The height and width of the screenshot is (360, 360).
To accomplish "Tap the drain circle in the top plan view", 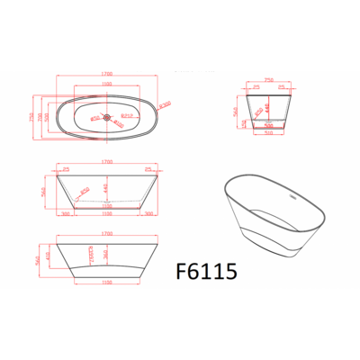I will pos(107,116).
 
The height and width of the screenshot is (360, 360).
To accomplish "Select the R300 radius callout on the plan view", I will pos(165,105).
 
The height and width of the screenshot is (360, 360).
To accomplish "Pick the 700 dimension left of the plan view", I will pos(39,118).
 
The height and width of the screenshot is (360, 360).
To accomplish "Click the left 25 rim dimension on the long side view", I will pos(67,168).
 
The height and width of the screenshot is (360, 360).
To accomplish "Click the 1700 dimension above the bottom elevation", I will pos(107,232).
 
